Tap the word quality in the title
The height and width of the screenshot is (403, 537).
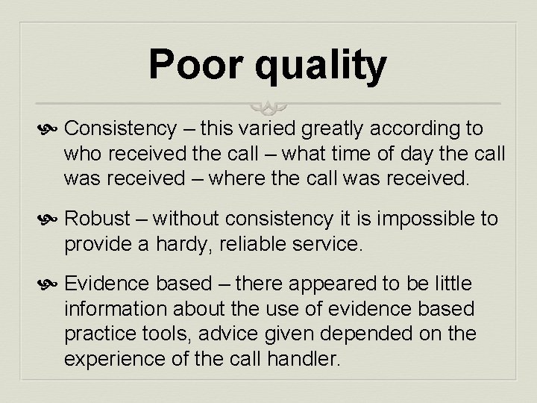pos(321,66)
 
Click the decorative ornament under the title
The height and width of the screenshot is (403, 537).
pos(268,105)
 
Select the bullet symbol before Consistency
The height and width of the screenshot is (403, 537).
pos(53,131)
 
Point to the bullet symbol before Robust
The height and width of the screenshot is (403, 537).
pos(53,219)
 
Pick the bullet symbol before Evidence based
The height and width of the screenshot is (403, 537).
pos(53,284)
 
